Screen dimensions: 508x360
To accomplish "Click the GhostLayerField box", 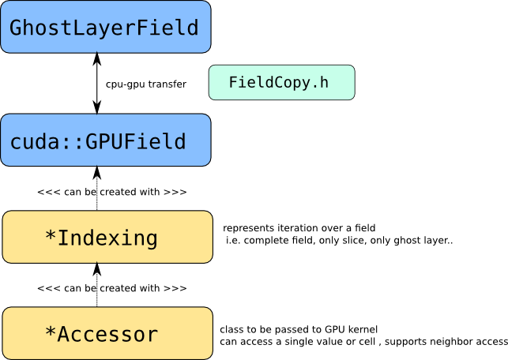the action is pos(106,27).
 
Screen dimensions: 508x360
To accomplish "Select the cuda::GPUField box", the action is pos(106,140).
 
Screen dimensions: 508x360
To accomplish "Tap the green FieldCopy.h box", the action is pos(281,82).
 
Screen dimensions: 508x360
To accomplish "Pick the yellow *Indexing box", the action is pos(107,237).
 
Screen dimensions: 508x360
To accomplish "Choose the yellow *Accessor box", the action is pos(107,333).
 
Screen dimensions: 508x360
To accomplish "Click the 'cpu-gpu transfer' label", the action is pos(146,84).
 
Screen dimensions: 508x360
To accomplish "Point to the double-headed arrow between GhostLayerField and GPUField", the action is pos(97,83).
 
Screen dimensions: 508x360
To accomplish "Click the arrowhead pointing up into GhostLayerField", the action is pos(97,59).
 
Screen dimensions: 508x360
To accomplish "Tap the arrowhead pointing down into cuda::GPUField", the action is pos(97,107).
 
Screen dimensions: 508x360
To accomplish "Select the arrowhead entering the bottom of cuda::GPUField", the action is pos(97,173).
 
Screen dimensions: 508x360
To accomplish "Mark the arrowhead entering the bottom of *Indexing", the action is pos(97,269).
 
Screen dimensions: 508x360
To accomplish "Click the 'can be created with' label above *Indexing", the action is pos(111,192).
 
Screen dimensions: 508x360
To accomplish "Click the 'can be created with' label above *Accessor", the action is pos(111,288).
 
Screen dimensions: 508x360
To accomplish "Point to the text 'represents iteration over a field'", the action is pos(299,228).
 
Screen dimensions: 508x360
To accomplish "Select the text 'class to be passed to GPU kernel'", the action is pos(299,329).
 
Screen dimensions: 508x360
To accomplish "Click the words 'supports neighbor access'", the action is pos(446,342).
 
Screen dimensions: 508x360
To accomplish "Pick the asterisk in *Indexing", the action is pos(51,236).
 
